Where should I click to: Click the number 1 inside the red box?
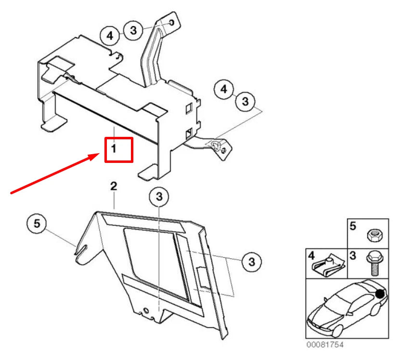[x=114, y=149]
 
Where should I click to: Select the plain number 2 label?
[x=114, y=187]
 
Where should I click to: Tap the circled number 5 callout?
[x=37, y=224]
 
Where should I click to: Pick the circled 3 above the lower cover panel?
[x=159, y=197]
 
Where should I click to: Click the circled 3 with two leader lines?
[x=251, y=262]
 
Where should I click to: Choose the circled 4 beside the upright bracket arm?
[x=110, y=35]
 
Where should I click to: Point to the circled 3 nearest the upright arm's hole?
[x=133, y=30]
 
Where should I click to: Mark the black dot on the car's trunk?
[x=380, y=293]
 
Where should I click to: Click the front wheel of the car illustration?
[x=336, y=331]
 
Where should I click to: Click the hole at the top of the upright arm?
[x=172, y=22]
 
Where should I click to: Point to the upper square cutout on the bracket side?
[x=190, y=106]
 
